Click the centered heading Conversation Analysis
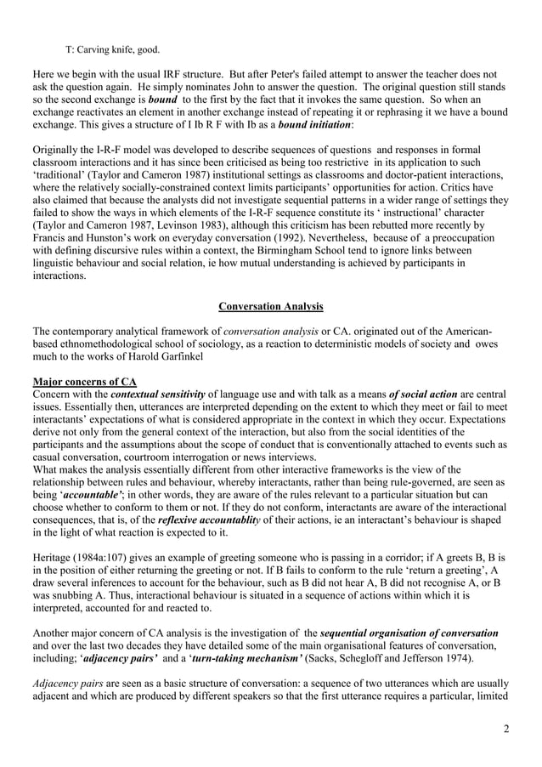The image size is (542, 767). [271, 305]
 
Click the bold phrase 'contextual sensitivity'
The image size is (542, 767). [157, 394]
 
